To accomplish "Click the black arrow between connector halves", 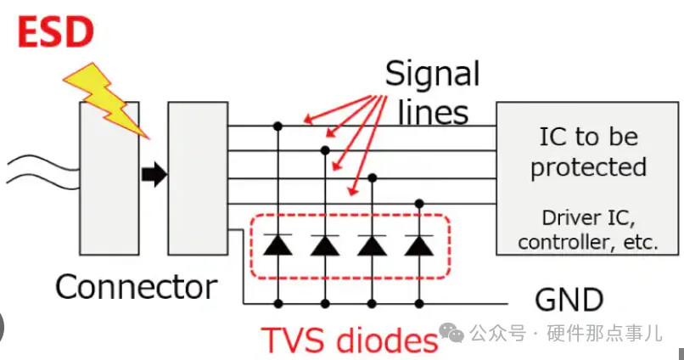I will coord(154,176).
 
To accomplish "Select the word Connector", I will coord(137,286).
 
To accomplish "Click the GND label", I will coord(569,299).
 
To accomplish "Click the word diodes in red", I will coord(387,340).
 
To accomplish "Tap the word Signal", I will coord(432,75).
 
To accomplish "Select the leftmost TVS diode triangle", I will coord(278,245).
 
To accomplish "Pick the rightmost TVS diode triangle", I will coord(418,245).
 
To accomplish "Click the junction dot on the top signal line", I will coord(278,127).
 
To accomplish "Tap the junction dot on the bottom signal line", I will coord(418,204).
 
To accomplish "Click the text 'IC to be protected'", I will coord(588,151).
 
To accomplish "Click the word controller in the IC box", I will coord(560,242).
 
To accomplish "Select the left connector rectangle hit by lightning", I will coord(109,178).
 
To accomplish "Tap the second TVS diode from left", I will coord(324,245).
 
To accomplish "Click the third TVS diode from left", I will coord(371,245).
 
